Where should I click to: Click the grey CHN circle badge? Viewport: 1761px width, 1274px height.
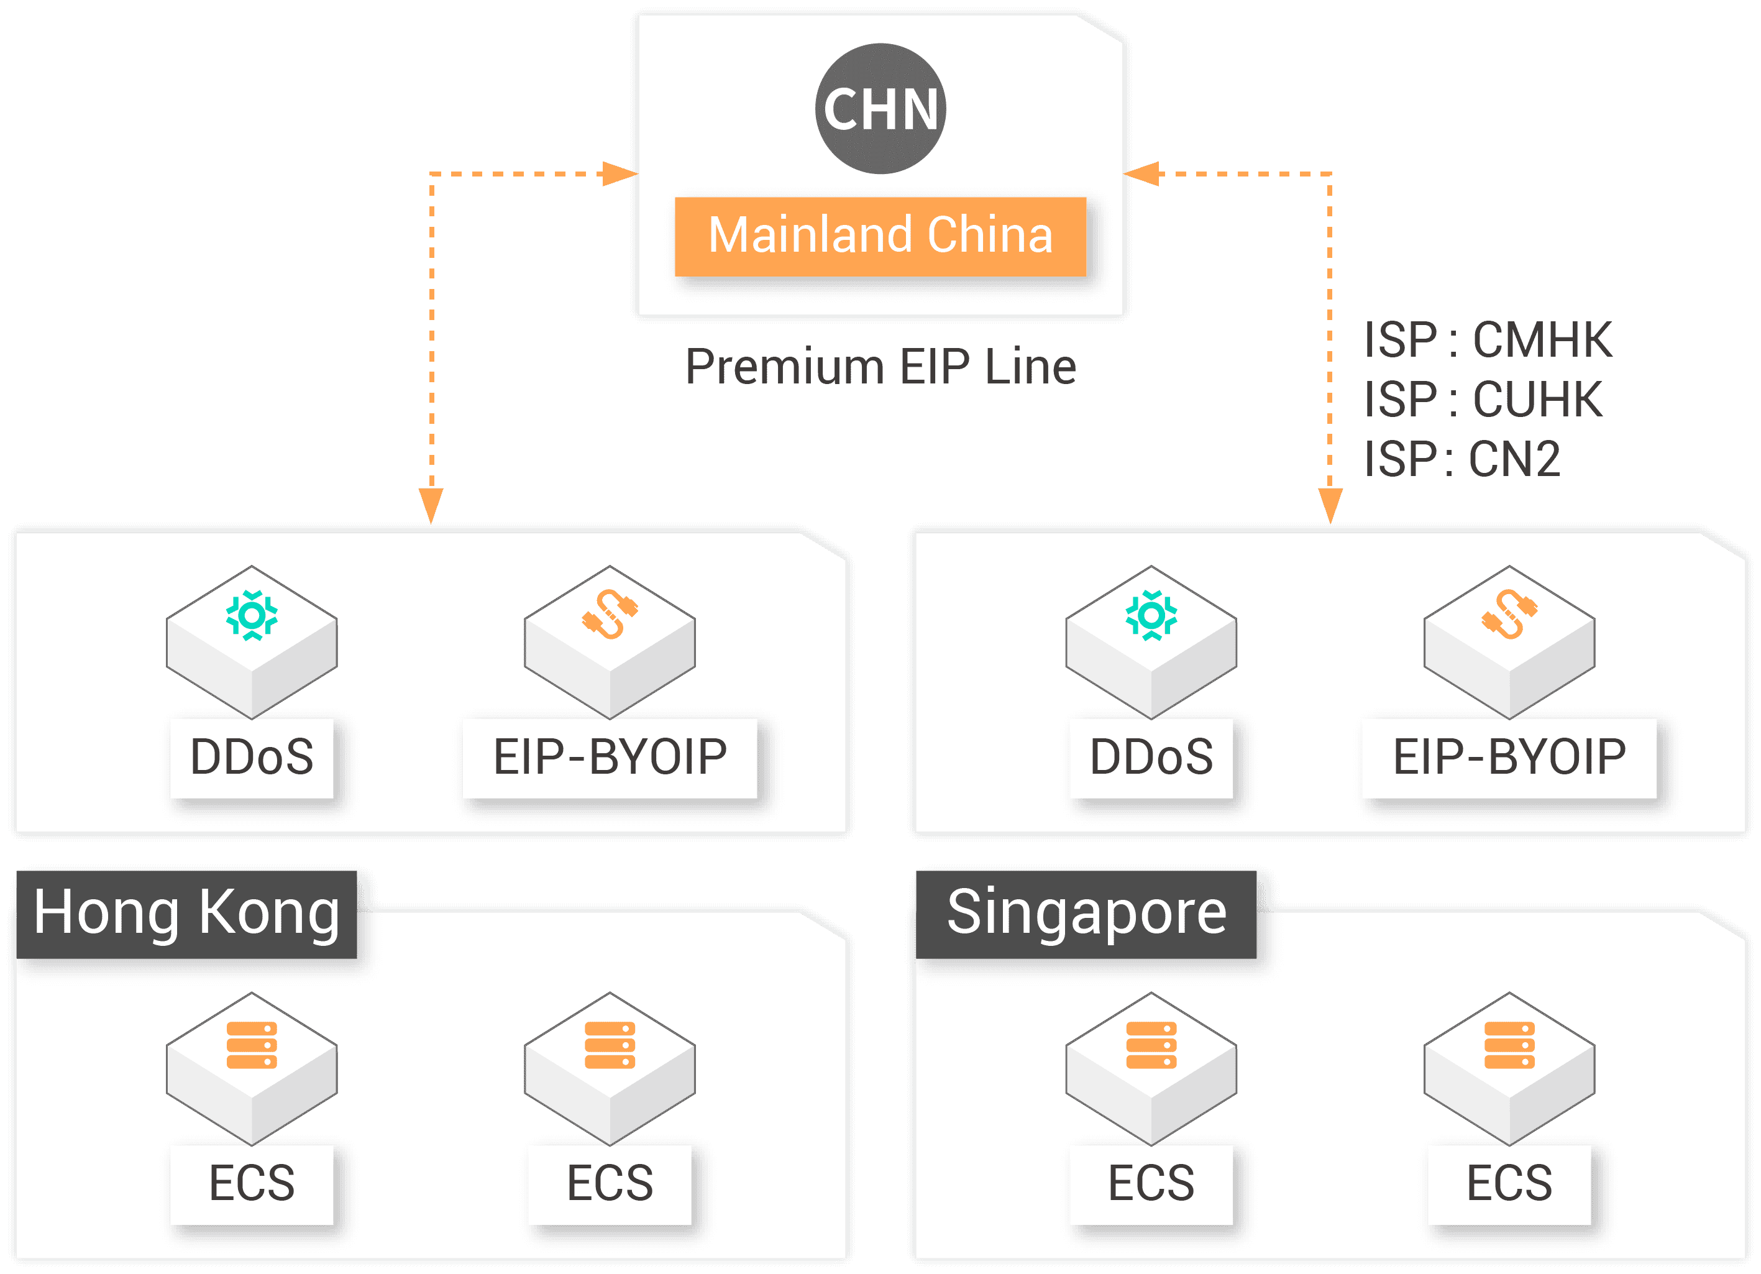(x=880, y=109)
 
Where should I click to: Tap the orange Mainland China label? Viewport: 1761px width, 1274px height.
(x=880, y=236)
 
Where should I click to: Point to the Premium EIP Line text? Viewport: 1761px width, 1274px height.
(x=880, y=367)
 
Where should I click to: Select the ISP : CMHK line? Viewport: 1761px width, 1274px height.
(x=1488, y=340)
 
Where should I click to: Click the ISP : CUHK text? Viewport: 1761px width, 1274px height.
(x=1483, y=399)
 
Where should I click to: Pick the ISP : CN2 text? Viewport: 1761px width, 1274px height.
(x=1463, y=459)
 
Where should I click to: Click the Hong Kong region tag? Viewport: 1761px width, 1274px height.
(x=186, y=914)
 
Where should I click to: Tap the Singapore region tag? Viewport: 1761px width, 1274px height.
(x=1086, y=914)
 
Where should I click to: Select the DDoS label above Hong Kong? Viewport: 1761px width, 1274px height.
(x=252, y=758)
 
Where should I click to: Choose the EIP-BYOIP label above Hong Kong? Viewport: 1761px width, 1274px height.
(x=610, y=758)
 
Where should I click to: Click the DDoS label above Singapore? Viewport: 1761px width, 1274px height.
(x=1151, y=758)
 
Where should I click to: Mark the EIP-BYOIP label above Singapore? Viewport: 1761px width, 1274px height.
(x=1509, y=758)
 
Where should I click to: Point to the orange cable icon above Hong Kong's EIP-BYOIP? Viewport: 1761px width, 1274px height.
(x=610, y=614)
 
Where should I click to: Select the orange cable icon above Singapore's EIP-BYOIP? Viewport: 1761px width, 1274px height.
(x=1509, y=614)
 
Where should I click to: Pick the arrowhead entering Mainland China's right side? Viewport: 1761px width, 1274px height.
(x=1141, y=174)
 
